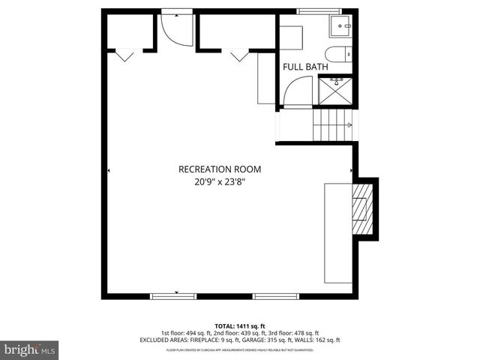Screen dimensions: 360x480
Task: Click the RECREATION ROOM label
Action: [x=220, y=169]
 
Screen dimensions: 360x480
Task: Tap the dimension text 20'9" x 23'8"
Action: [x=220, y=181]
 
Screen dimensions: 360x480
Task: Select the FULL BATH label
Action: [x=304, y=67]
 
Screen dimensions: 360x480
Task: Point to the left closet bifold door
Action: [x=124, y=54]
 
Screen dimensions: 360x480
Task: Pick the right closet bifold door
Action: [x=240, y=54]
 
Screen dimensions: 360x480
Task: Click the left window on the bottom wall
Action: [x=173, y=296]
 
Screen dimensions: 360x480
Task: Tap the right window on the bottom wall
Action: [x=276, y=296]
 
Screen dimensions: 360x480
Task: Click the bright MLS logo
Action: [x=29, y=349]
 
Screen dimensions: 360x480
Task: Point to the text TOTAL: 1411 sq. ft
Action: [x=239, y=325]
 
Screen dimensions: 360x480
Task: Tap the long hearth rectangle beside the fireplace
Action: [x=337, y=232]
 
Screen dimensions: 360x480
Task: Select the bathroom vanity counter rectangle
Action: [x=292, y=37]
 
